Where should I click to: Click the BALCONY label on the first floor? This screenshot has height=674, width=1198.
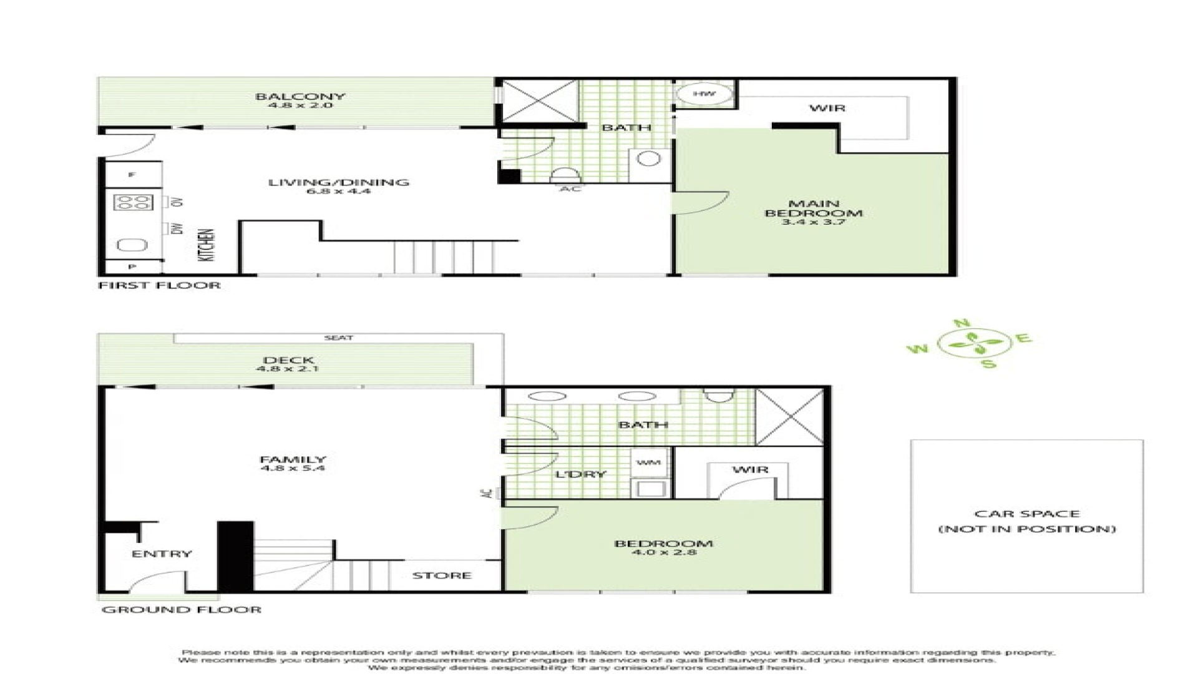click(299, 97)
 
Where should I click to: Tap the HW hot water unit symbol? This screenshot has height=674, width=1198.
click(704, 94)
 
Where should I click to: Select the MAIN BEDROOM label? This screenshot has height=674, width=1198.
click(814, 208)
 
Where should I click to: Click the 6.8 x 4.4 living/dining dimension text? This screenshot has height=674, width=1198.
click(338, 192)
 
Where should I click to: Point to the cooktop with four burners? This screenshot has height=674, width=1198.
click(133, 203)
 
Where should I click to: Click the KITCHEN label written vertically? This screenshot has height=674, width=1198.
click(208, 245)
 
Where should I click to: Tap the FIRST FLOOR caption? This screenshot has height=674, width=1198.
click(160, 286)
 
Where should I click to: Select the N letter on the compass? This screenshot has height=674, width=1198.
click(962, 323)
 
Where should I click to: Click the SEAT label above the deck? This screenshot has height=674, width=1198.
click(338, 338)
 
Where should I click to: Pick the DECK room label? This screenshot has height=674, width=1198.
click(288, 360)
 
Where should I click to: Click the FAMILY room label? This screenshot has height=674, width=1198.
click(293, 459)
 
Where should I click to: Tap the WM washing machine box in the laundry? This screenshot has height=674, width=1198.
click(649, 463)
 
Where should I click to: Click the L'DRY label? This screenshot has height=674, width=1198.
click(580, 474)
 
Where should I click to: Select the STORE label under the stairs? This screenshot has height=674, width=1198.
click(441, 575)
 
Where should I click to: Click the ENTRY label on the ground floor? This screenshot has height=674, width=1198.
click(162, 554)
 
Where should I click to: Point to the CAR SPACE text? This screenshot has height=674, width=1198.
click(1026, 514)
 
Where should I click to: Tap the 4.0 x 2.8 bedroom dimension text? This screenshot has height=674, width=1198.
click(663, 553)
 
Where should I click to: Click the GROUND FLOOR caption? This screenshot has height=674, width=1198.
click(181, 610)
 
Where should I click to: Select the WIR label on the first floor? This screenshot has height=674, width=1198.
click(827, 109)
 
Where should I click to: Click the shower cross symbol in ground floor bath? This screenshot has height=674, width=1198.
click(789, 417)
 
